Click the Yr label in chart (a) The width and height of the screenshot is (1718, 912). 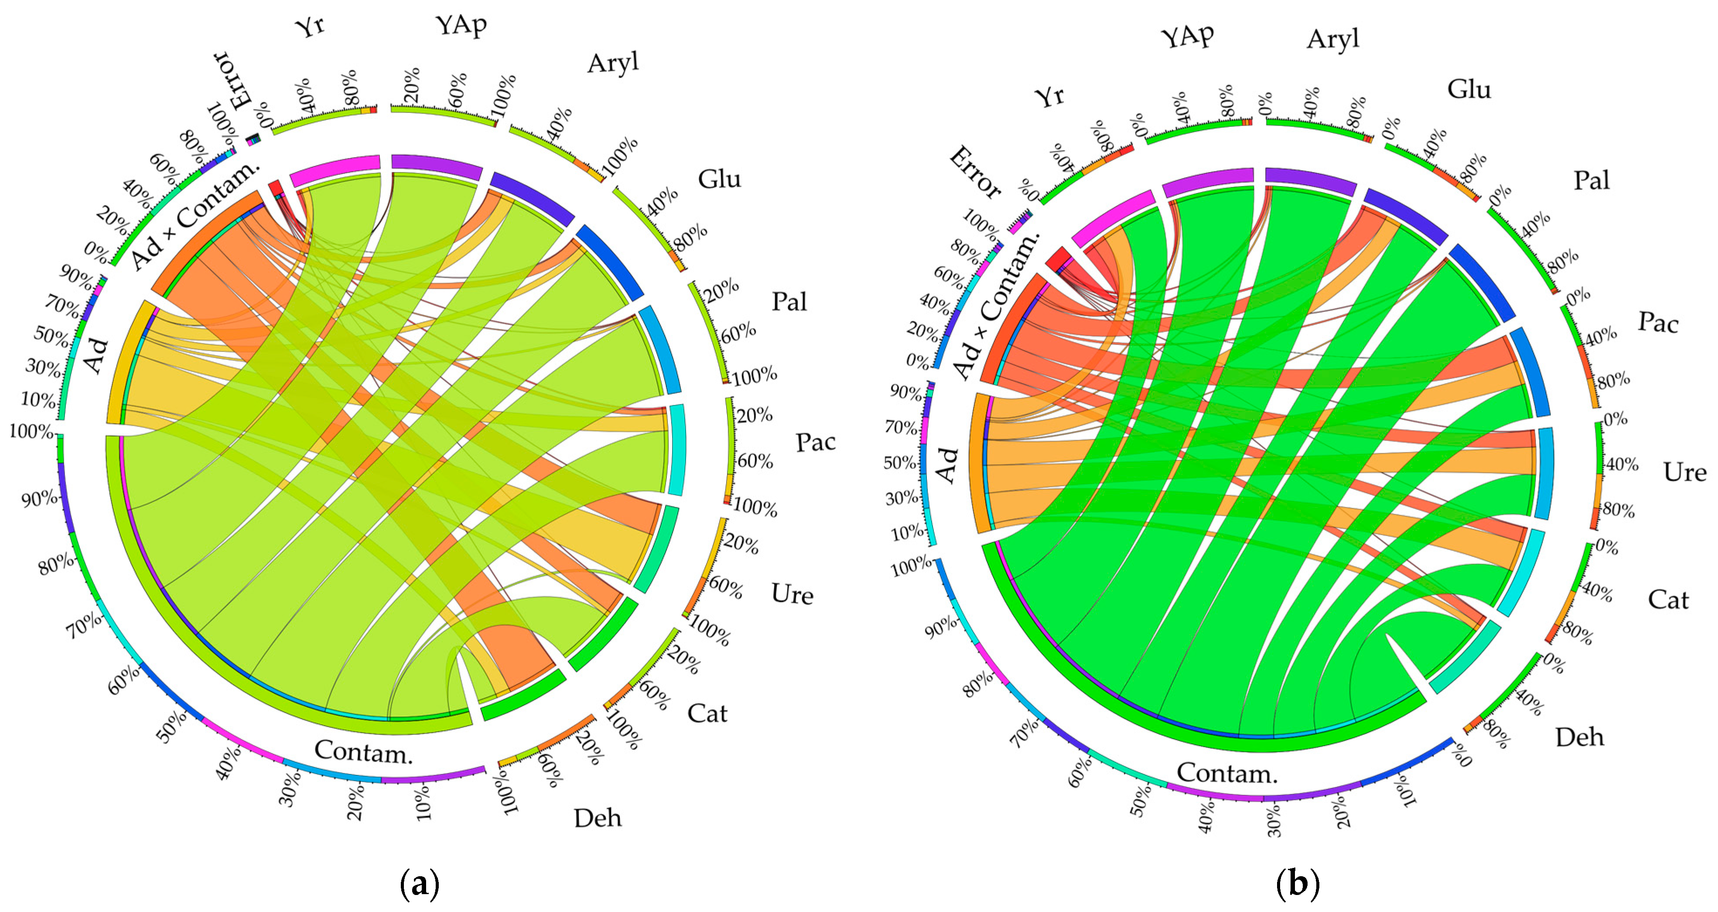[x=310, y=27]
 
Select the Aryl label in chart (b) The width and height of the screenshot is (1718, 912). [x=1332, y=39]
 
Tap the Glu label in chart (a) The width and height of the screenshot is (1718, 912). [x=720, y=179]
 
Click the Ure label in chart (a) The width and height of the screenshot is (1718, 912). [x=792, y=594]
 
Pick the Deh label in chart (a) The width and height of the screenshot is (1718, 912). [x=598, y=818]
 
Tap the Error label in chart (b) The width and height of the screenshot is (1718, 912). [x=974, y=174]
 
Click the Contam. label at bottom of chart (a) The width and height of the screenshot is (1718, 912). [x=363, y=752]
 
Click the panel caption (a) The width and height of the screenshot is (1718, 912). [x=420, y=884]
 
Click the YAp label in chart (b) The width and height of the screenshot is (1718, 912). [x=1187, y=36]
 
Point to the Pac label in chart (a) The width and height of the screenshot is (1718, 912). [x=816, y=442]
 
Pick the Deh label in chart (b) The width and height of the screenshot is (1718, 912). [x=1579, y=737]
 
